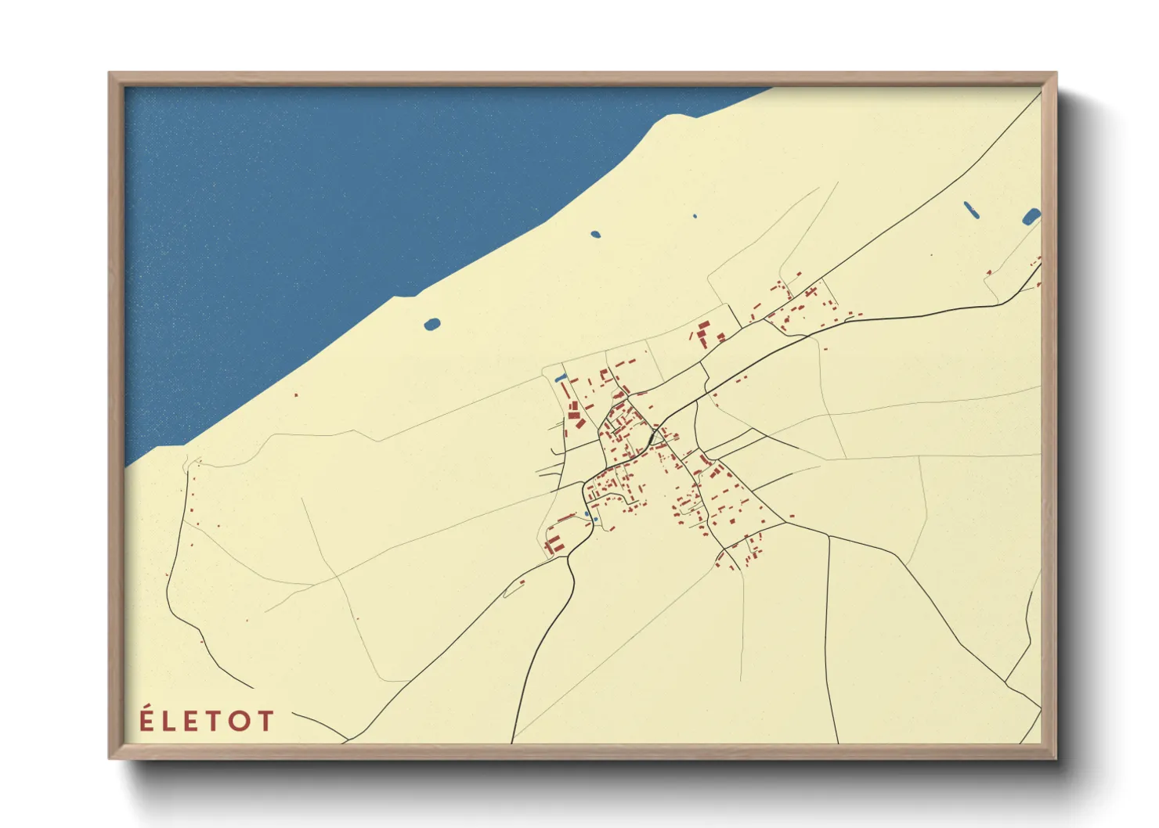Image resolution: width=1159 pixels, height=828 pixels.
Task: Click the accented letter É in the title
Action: (x=146, y=719)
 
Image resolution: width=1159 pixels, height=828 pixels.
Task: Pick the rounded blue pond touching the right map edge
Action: (x=1031, y=216)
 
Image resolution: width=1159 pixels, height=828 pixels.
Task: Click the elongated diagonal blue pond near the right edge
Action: (x=970, y=209)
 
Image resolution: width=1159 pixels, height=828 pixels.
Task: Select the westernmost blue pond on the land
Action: (x=431, y=324)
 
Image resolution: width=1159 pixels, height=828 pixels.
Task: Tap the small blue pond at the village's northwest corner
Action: (x=560, y=380)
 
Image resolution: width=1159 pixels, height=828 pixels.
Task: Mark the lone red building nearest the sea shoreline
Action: (x=296, y=395)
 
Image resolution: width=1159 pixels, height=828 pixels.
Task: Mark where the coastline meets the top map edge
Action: (x=771, y=88)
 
